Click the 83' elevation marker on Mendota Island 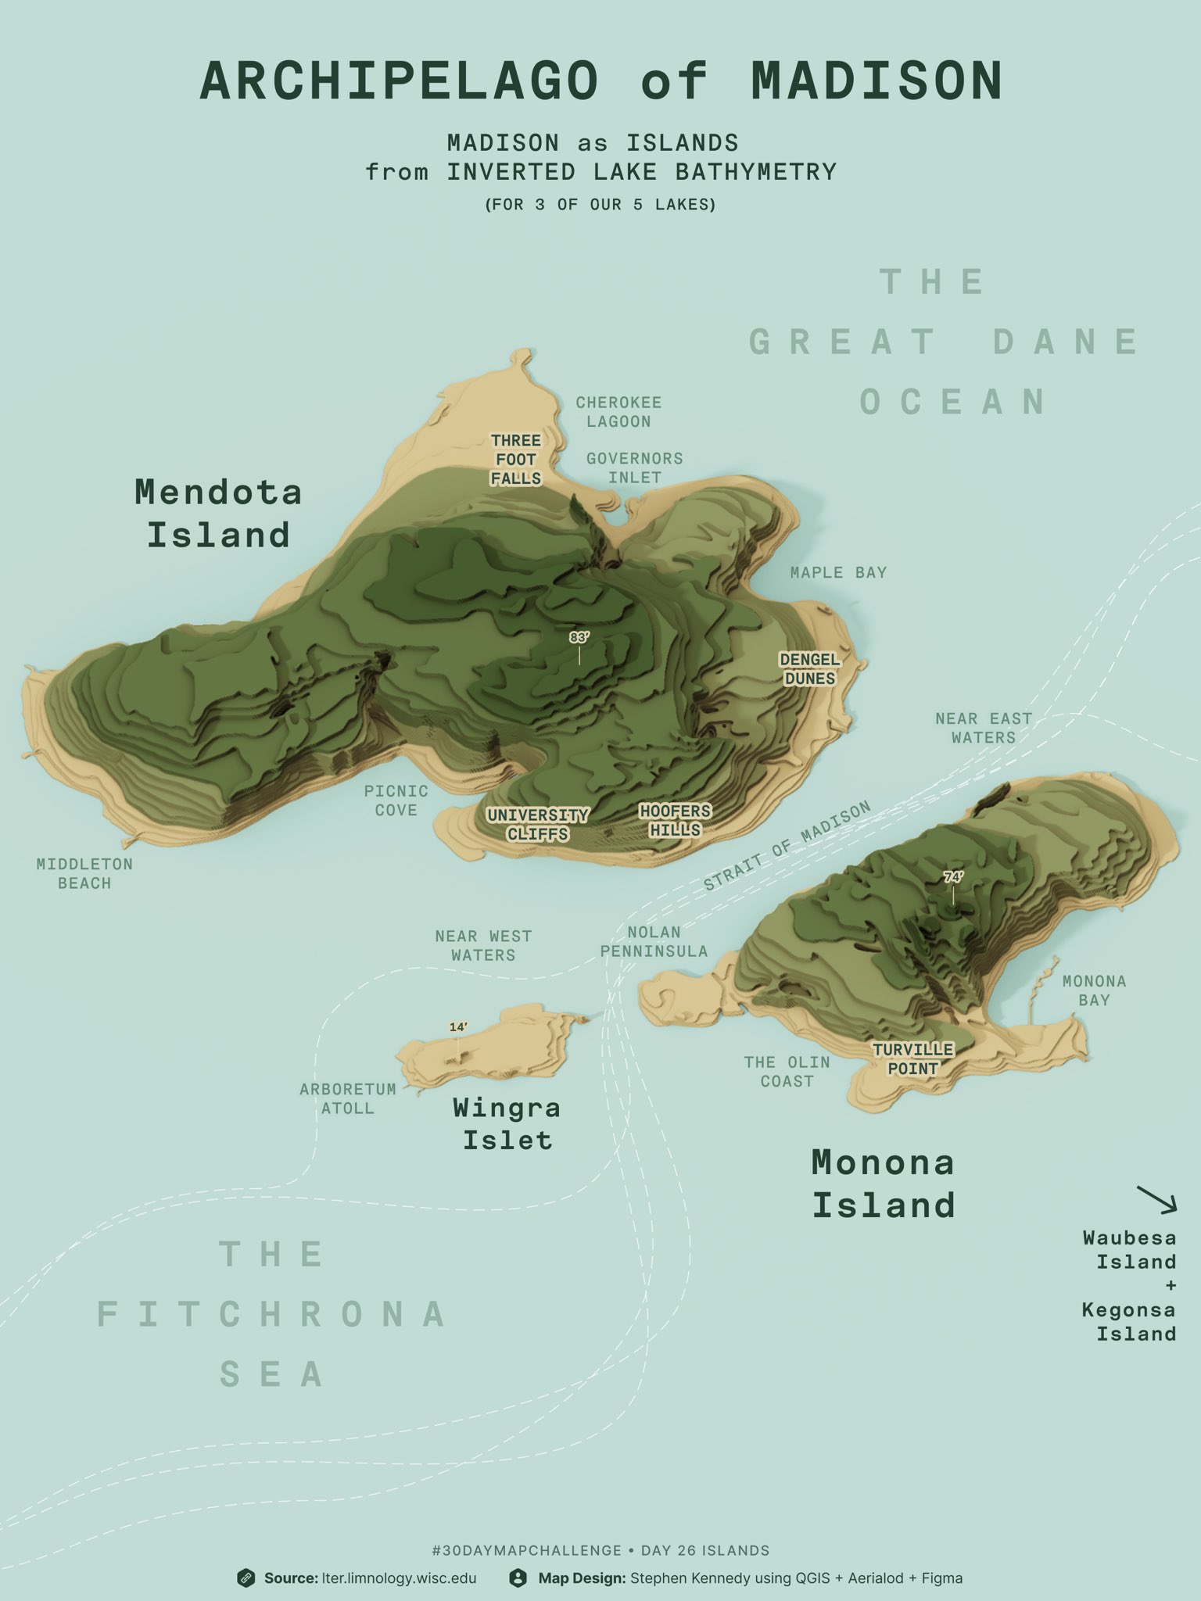tap(579, 638)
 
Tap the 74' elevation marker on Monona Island tap(953, 878)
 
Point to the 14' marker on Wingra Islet tap(458, 1027)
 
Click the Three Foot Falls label tap(516, 460)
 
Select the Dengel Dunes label tap(810, 669)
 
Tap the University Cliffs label tap(538, 825)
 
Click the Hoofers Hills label tap(676, 820)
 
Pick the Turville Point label tap(912, 1059)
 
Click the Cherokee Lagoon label tap(618, 412)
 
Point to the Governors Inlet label tap(634, 467)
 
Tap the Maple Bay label tap(838, 573)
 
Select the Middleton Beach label tap(84, 874)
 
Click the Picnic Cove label tap(396, 800)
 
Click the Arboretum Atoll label tap(348, 1098)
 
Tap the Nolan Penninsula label tap(654, 942)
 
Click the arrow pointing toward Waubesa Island tap(1156, 1199)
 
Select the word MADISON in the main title tap(877, 81)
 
